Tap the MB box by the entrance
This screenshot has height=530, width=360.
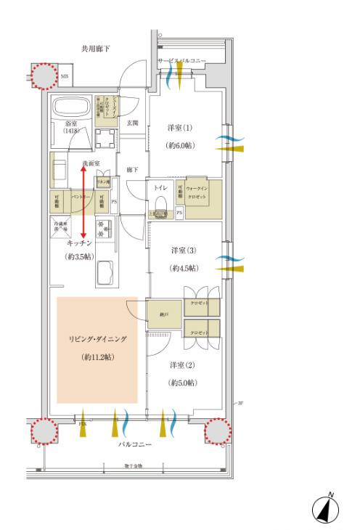[x=65, y=76]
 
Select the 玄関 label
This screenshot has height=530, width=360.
[x=132, y=123]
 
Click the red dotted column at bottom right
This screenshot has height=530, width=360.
[x=217, y=431]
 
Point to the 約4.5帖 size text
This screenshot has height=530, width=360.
[x=183, y=268]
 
